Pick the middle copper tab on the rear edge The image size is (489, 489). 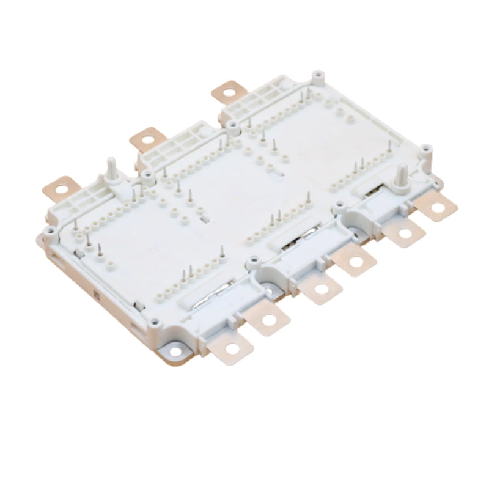[x=145, y=139]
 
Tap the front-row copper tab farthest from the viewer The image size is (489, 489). [x=437, y=208]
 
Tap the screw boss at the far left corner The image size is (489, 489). [x=48, y=234]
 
